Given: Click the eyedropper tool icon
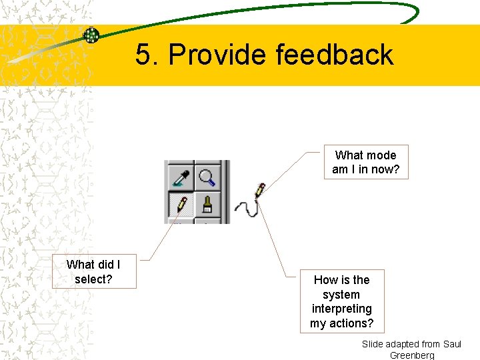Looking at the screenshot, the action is (180, 177).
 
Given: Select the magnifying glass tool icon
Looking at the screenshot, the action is (208, 177).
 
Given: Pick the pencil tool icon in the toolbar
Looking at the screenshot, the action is (180, 203).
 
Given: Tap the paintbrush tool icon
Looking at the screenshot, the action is (208, 203).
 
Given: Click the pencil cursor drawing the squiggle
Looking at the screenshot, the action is (260, 189).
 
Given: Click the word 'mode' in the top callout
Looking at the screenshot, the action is (381, 155).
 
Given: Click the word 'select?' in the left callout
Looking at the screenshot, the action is (93, 279).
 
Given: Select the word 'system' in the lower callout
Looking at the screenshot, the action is (341, 294).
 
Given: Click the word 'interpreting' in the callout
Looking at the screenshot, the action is (341, 309).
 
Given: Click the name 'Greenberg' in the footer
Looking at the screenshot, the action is (412, 355).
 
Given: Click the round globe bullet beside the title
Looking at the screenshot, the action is (91, 35).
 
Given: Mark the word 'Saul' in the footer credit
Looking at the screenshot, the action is (452, 344).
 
